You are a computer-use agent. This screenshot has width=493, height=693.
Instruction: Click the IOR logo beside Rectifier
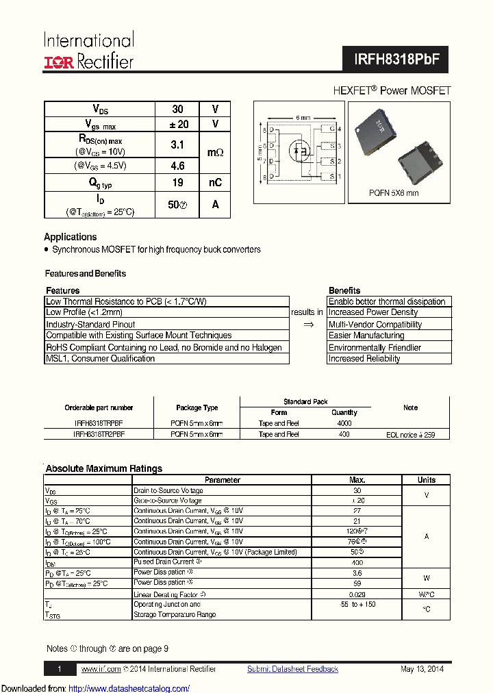click(x=58, y=62)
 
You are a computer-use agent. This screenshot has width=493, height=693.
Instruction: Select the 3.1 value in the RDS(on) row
click(x=177, y=144)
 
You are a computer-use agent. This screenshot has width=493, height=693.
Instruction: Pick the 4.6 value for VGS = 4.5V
click(x=177, y=166)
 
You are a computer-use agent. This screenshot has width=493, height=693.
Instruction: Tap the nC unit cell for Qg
click(x=215, y=183)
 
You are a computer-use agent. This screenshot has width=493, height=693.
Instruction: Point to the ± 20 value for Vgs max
click(x=177, y=124)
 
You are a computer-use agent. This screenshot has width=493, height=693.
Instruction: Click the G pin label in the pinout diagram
click(x=331, y=129)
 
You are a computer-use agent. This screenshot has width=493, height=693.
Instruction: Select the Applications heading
click(x=71, y=237)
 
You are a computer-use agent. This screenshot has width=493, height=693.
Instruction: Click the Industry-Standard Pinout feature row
click(x=90, y=324)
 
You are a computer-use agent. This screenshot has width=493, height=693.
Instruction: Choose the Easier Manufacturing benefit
click(x=366, y=336)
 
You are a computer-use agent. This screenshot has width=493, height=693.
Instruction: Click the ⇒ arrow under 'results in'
click(x=308, y=325)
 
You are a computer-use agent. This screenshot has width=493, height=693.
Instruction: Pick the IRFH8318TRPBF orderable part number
click(x=99, y=423)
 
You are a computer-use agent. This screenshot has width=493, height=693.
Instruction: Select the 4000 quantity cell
click(x=344, y=423)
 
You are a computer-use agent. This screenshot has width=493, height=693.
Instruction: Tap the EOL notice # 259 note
click(x=410, y=434)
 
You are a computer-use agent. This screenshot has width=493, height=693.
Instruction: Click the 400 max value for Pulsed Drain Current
click(x=357, y=562)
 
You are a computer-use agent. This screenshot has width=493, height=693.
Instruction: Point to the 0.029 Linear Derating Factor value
click(x=357, y=594)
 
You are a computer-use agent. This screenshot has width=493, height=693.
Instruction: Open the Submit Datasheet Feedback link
click(x=292, y=669)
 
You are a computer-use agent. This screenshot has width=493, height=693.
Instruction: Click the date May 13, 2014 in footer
click(x=422, y=669)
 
